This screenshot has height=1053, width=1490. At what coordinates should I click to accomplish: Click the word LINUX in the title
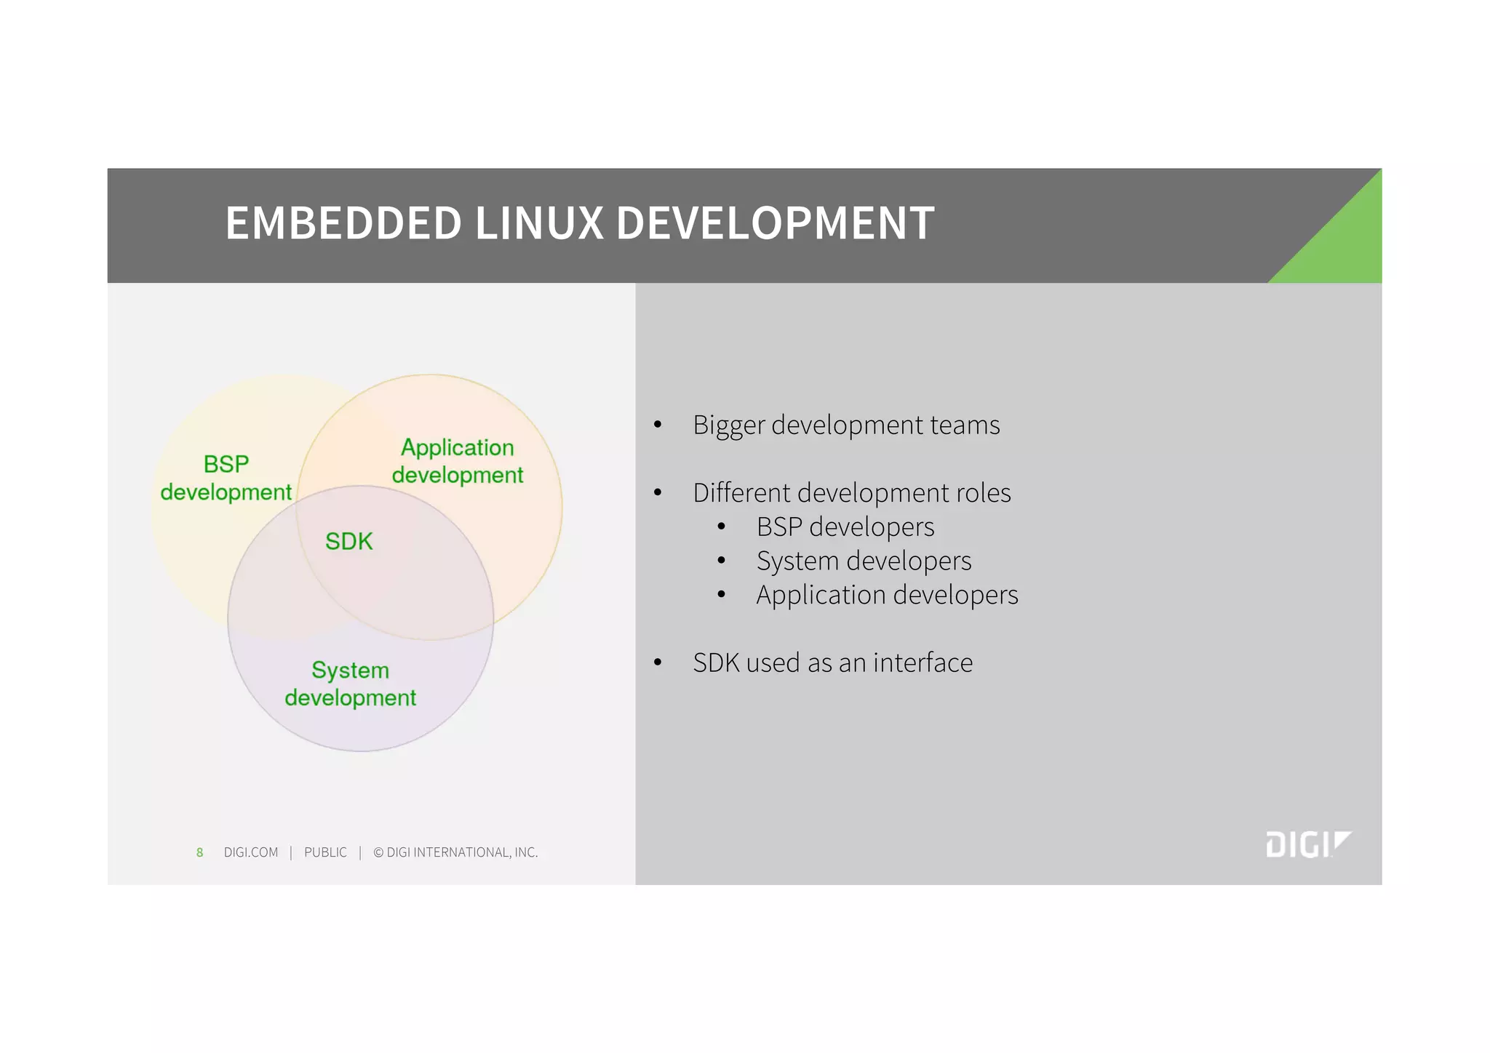tap(539, 223)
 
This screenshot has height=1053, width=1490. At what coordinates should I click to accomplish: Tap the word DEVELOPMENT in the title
tap(775, 223)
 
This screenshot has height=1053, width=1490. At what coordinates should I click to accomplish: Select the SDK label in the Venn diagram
tap(348, 542)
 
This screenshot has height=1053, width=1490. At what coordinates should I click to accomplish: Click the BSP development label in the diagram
tap(226, 478)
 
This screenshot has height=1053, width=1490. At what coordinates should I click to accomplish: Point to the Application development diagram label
tap(458, 461)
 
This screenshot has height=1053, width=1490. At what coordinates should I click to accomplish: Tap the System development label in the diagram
tap(351, 684)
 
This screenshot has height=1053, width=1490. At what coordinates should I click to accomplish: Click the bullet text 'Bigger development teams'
tap(846, 425)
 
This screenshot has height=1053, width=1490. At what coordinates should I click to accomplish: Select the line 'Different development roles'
tap(851, 493)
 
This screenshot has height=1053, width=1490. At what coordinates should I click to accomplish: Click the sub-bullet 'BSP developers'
tap(845, 527)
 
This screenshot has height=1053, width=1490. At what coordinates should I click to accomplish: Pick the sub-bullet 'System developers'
tap(864, 561)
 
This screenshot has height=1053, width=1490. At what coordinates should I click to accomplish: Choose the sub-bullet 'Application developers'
tap(887, 596)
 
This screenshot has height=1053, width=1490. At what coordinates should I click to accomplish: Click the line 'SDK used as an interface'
tap(832, 663)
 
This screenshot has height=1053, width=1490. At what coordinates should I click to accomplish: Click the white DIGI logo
tap(1307, 844)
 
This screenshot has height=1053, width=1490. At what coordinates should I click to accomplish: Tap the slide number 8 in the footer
tap(199, 852)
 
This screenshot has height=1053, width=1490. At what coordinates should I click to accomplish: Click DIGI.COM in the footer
tap(251, 852)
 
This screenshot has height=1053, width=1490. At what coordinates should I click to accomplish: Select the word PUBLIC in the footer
tap(325, 852)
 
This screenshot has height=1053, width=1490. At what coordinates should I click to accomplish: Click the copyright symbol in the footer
tap(378, 852)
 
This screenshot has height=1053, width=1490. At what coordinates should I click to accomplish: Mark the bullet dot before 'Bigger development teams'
tap(658, 425)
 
